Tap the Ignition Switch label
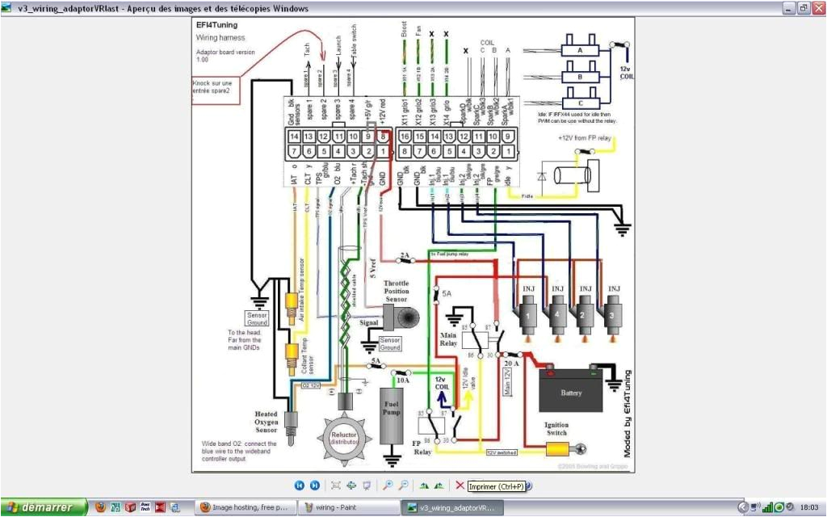(x=556, y=429)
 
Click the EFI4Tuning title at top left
(x=217, y=25)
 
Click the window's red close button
(x=817, y=8)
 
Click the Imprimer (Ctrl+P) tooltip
(x=496, y=486)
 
